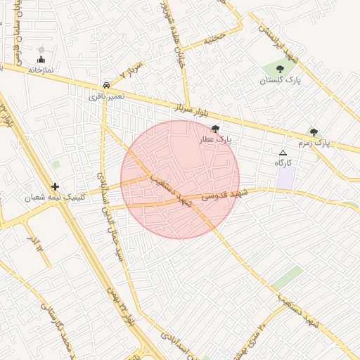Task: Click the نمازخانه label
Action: [41, 70]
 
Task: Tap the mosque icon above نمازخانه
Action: [41, 59]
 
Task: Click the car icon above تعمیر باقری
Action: [105, 84]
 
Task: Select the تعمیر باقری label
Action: [106, 95]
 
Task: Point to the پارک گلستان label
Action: [280, 81]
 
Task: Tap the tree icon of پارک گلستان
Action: [280, 69]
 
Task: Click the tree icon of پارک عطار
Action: [214, 129]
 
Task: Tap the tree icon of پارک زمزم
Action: [314, 131]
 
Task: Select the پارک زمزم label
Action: [314, 143]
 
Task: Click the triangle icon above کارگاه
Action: [283, 152]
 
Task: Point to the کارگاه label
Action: [283, 163]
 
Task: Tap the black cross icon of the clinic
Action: [56, 187]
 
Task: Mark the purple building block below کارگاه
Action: [285, 177]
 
